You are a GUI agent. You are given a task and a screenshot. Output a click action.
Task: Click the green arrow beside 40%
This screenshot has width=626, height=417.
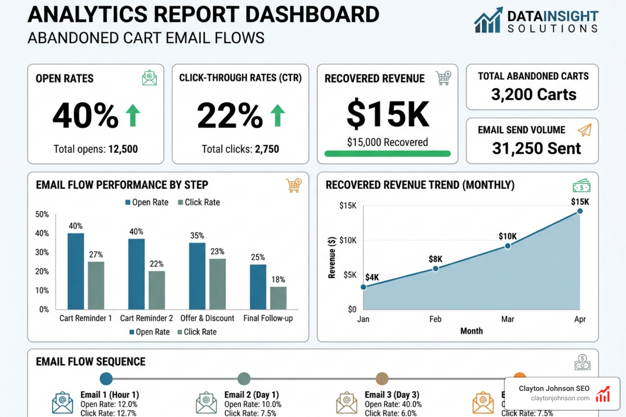(x=133, y=115)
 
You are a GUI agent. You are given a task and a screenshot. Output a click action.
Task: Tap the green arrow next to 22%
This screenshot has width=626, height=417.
(x=278, y=115)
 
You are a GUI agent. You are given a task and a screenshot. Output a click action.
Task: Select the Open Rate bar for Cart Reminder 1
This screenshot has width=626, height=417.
(x=76, y=271)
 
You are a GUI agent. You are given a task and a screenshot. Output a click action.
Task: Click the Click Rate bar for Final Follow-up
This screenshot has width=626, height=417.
(x=278, y=298)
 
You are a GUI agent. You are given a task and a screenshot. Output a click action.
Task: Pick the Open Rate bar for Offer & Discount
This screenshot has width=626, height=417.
(x=197, y=276)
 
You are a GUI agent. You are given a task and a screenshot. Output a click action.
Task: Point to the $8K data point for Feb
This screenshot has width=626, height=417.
(x=435, y=269)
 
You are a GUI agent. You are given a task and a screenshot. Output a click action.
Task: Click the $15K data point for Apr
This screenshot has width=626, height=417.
(x=580, y=211)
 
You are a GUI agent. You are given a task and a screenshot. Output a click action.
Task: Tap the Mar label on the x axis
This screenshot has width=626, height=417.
(x=507, y=319)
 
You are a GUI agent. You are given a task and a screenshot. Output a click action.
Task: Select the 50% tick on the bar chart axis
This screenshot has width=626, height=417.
(x=42, y=215)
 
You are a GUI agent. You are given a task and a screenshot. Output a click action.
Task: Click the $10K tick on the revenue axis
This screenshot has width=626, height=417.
(x=348, y=240)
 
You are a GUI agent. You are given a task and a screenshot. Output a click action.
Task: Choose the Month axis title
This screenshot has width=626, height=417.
(x=472, y=331)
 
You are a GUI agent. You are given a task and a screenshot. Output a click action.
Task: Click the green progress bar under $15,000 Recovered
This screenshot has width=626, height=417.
(x=387, y=154)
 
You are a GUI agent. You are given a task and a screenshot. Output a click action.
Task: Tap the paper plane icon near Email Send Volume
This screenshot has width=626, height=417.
(x=584, y=130)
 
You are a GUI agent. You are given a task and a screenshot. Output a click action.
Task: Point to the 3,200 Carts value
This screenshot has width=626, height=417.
(x=533, y=94)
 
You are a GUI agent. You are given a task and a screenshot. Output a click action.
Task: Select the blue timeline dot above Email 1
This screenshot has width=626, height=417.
(x=106, y=379)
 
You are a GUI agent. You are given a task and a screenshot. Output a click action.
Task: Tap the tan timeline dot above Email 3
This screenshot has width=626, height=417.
(x=382, y=379)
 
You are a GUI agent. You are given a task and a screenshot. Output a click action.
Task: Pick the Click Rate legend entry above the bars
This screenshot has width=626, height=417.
(x=199, y=202)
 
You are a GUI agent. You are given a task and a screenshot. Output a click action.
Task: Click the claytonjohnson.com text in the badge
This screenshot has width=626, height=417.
(x=560, y=398)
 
